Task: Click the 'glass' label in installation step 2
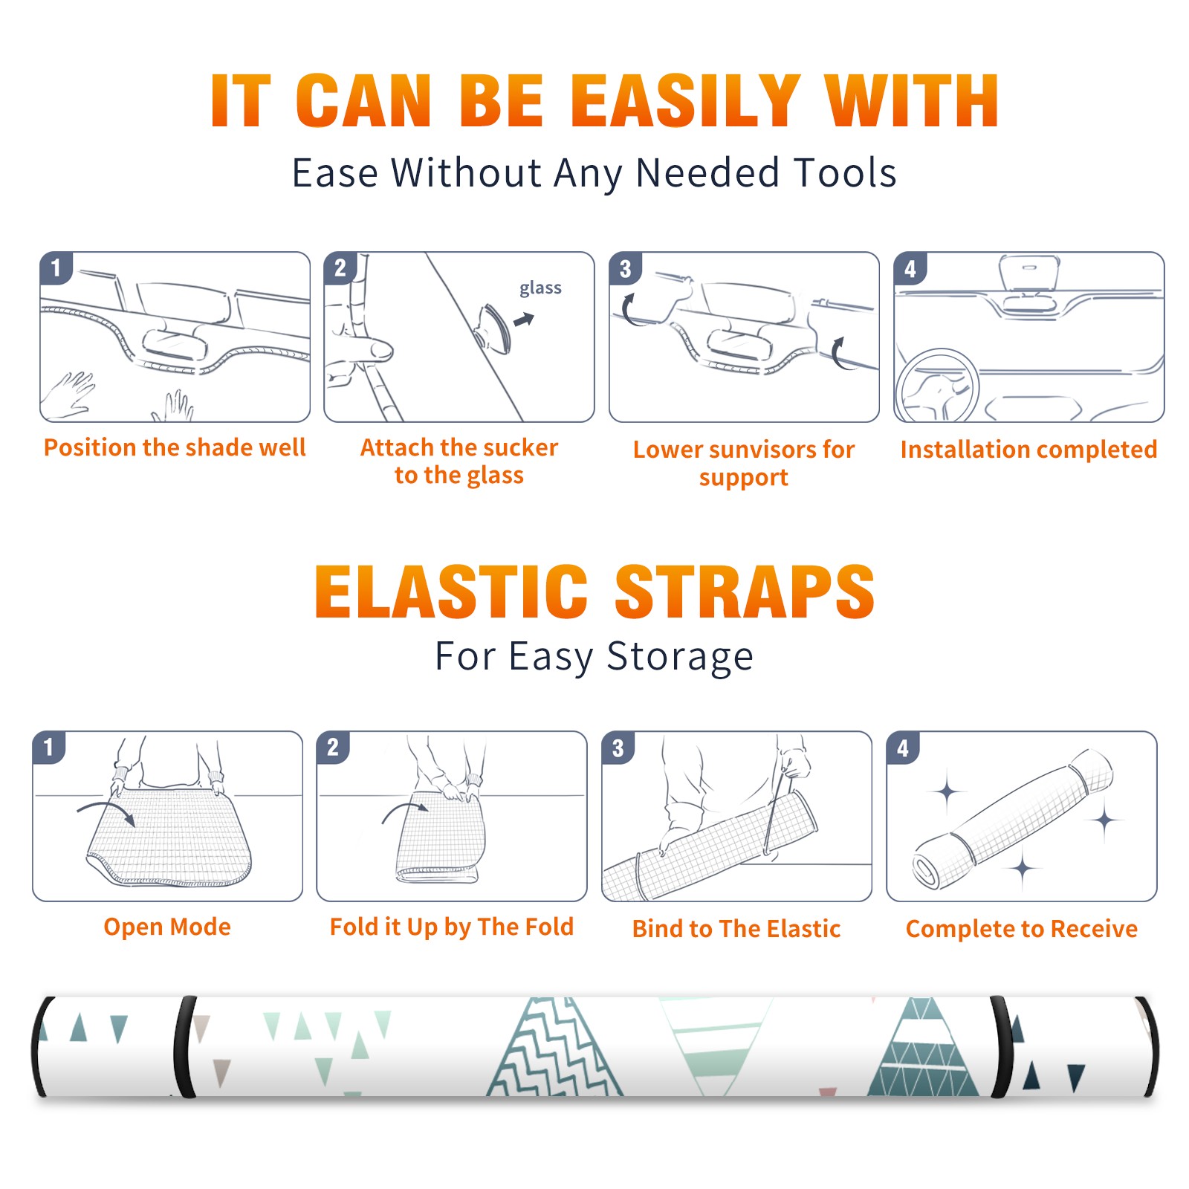coord(540,288)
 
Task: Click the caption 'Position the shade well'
coord(175,447)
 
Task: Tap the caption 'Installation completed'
coord(1028,450)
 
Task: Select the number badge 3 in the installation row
coord(625,268)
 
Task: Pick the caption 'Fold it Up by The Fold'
coord(452,927)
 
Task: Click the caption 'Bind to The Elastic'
coord(736,929)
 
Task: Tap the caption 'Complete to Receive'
coord(1022,929)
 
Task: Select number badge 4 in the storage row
coord(903,748)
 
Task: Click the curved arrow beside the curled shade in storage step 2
coord(405,811)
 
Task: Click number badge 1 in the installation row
coord(56,268)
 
